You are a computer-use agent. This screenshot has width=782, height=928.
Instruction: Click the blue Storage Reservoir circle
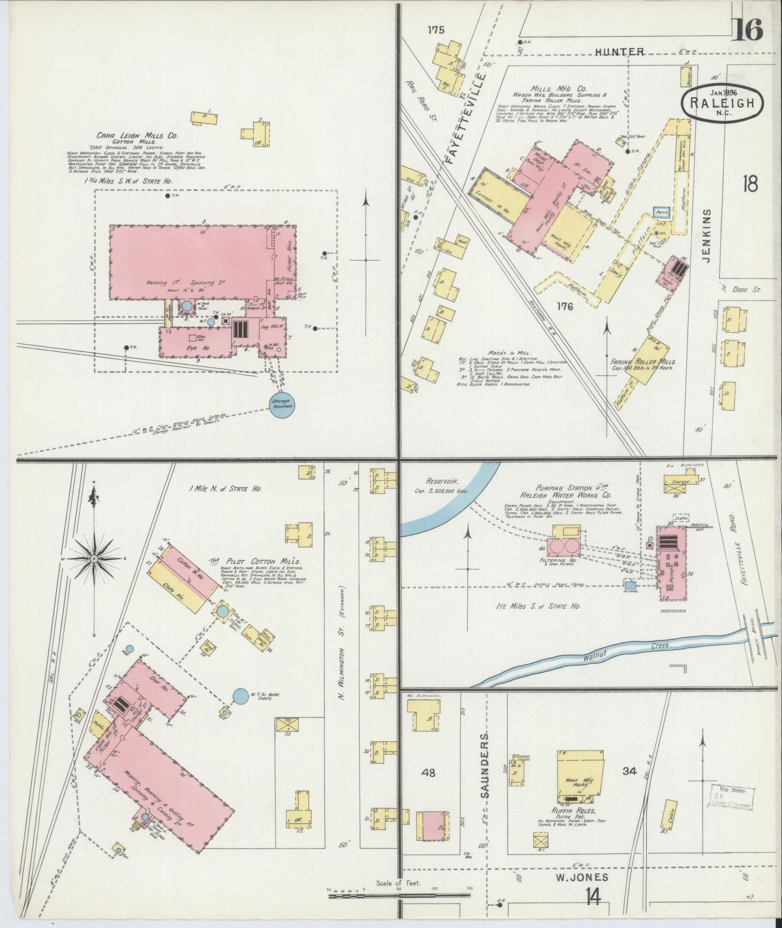click(282, 403)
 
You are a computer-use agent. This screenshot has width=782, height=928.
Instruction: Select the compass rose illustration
click(94, 558)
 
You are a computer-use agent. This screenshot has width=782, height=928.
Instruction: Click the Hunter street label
click(620, 52)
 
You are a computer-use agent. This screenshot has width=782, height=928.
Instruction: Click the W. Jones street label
click(586, 877)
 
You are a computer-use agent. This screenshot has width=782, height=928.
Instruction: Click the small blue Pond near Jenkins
click(662, 213)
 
